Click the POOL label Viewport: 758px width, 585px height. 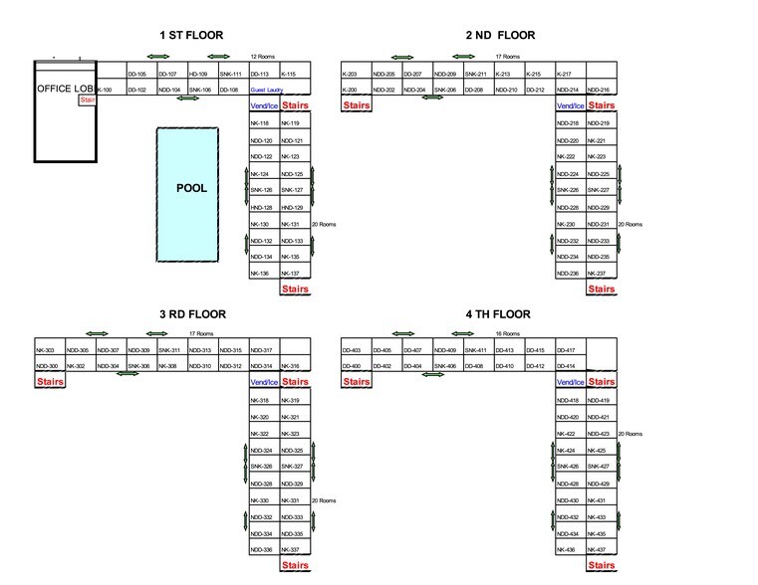click(x=190, y=188)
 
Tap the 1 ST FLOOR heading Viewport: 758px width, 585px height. click(x=191, y=36)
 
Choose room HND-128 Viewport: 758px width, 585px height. click(x=261, y=207)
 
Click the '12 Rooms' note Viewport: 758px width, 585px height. click(x=264, y=57)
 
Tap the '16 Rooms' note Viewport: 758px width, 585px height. click(x=507, y=334)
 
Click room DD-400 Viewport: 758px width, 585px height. click(x=351, y=366)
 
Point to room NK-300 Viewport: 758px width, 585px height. click(x=46, y=366)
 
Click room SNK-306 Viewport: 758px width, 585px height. click(x=138, y=366)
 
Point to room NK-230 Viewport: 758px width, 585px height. click(x=567, y=224)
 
